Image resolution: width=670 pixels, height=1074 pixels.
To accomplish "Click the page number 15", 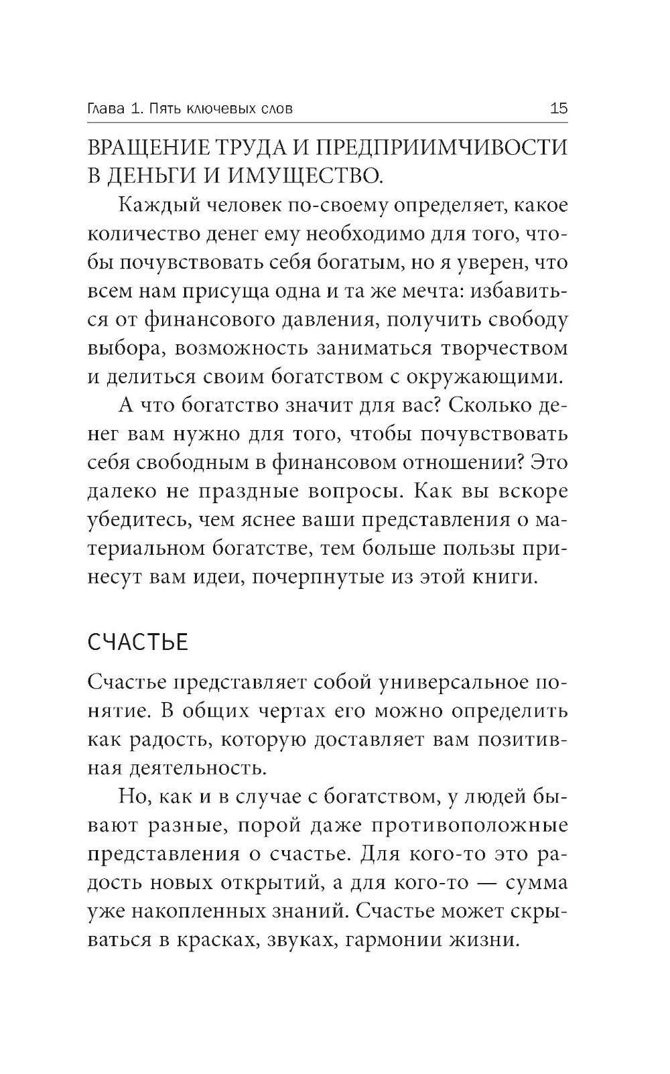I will click(x=558, y=108).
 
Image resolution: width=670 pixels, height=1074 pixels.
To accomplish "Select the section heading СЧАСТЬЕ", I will click(x=138, y=643).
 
